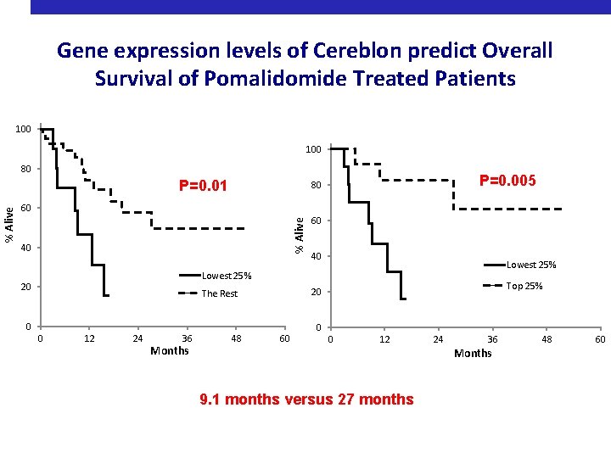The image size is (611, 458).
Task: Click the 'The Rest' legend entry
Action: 220,293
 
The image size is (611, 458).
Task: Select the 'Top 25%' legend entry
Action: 525,286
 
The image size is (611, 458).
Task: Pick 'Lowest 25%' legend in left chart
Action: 227,276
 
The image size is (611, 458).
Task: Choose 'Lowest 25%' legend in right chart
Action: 531,265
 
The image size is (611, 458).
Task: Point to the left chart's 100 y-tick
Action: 23,129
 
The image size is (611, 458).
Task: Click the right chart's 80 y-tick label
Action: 315,186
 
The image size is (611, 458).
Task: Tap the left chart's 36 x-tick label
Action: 187,339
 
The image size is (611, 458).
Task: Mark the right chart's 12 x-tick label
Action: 384,339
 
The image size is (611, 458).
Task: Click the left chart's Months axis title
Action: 169,351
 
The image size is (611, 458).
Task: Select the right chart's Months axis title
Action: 473,353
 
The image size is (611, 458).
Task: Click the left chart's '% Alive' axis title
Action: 8,225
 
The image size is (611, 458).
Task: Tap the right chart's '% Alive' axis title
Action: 300,232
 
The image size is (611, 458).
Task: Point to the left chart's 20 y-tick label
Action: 26,287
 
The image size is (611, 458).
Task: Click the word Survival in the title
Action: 137,79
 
